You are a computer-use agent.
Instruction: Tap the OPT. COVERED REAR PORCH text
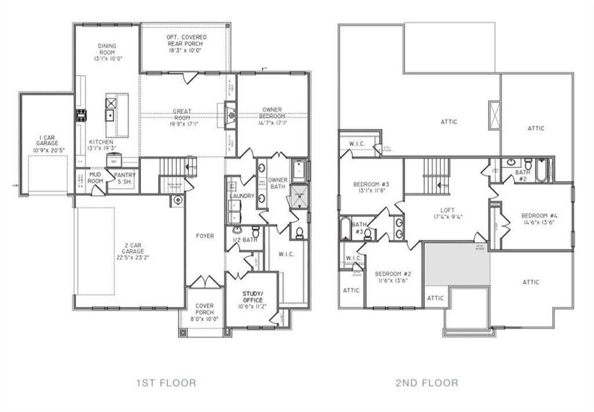tap(187, 44)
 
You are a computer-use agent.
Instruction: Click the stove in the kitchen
tap(81, 115)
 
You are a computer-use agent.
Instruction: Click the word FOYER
tap(205, 236)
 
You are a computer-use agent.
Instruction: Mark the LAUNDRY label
tap(242, 196)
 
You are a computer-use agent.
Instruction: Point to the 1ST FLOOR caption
tap(165, 382)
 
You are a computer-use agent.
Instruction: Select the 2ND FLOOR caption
tap(428, 382)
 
